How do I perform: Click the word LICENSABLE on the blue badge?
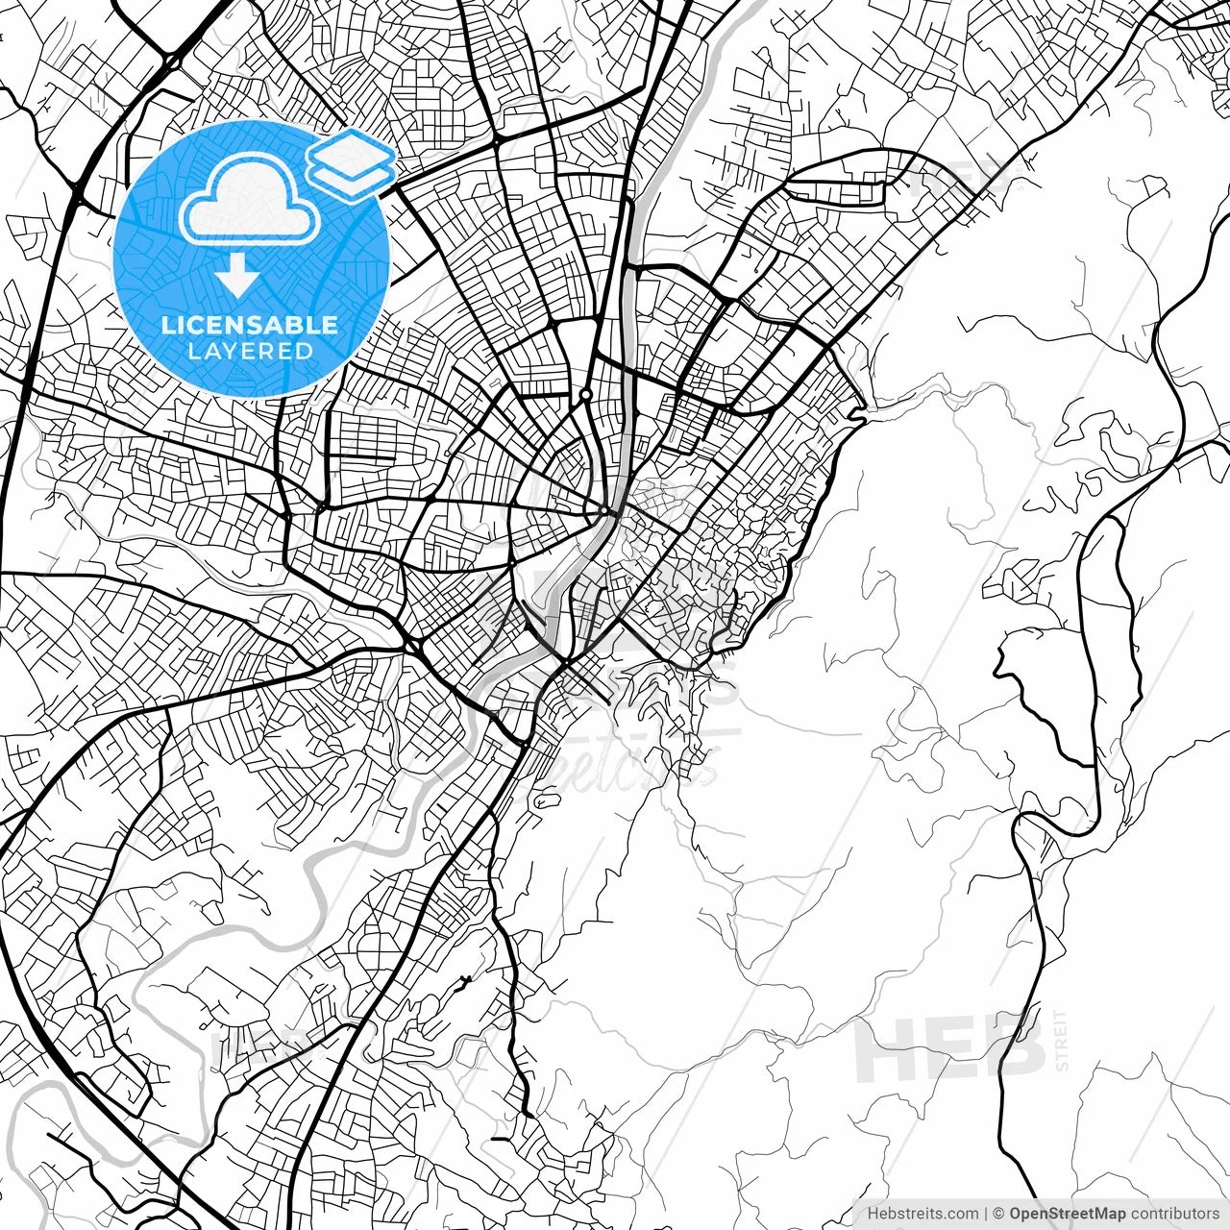click(x=250, y=325)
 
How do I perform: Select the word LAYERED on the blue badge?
click(x=250, y=351)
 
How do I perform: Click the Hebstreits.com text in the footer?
click(x=922, y=1214)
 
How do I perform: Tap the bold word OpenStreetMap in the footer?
click(x=1067, y=1214)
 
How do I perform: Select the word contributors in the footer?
click(x=1174, y=1214)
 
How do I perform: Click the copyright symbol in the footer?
click(x=998, y=1214)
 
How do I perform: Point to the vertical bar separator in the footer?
click(x=986, y=1214)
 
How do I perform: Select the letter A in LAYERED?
click(x=211, y=351)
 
